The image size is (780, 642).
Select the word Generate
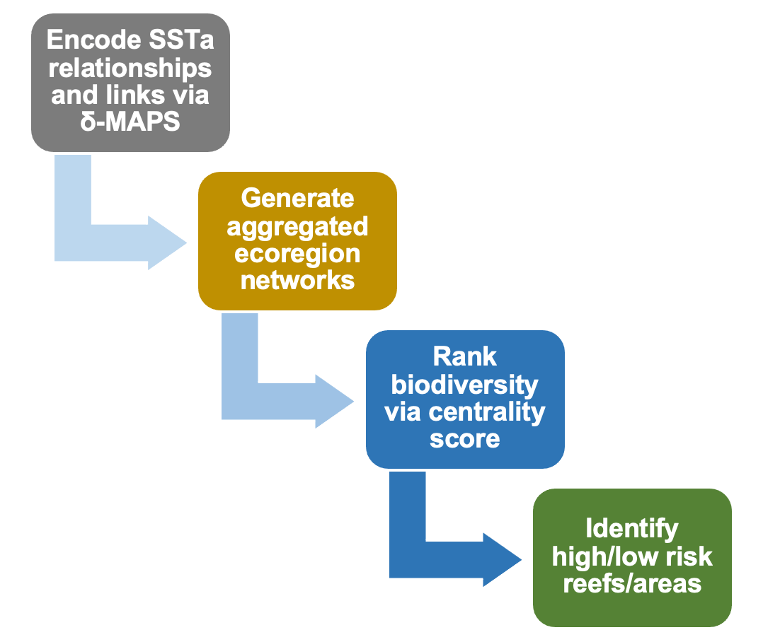pyautogui.click(x=297, y=198)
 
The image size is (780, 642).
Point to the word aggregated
pyautogui.click(x=297, y=226)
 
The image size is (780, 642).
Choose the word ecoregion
pyautogui.click(x=297, y=253)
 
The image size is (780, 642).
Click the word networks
pyautogui.click(x=297, y=280)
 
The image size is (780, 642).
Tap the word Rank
pyautogui.click(x=465, y=356)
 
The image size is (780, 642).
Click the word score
pyautogui.click(x=465, y=438)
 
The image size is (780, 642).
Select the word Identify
pyautogui.click(x=632, y=529)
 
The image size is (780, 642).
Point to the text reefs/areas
pyautogui.click(x=632, y=584)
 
